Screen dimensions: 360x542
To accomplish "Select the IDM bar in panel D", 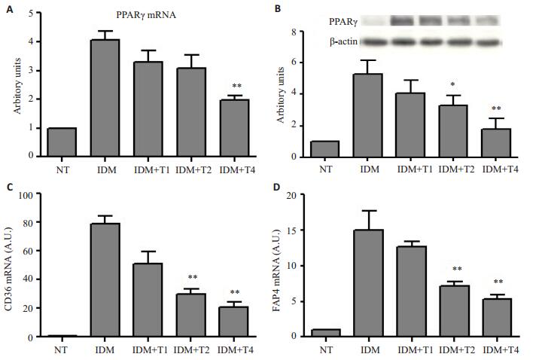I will point(370,283).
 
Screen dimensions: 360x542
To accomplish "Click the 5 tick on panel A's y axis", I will point(32,14).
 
